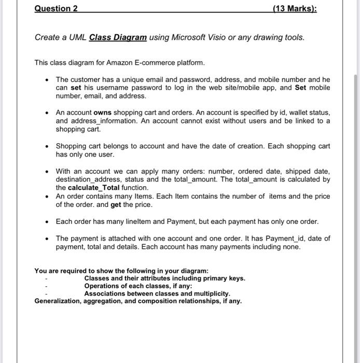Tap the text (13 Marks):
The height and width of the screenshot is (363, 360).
pos(294,9)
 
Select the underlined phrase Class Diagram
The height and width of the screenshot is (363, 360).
pos(118,38)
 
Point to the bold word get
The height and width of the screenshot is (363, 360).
pos(118,204)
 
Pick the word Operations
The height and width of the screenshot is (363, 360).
pos(102,286)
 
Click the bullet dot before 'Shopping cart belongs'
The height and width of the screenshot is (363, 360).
pos(47,146)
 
